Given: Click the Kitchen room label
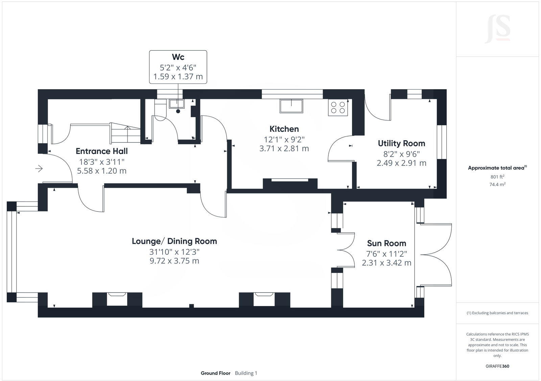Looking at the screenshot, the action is point(284,129).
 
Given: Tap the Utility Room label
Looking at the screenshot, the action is point(401,144).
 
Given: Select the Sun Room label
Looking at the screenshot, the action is point(386,244).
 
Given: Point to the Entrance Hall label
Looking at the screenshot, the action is point(101,151).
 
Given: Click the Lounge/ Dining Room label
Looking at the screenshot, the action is point(174,241).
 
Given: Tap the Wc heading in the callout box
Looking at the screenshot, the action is point(178,57).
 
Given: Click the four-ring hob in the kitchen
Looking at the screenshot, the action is point(338,107).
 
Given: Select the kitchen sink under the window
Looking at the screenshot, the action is point(291,106).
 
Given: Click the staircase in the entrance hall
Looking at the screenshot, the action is point(125,133).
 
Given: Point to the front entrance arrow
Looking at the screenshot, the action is point(39,168).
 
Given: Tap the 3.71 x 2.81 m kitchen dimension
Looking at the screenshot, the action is point(284,149).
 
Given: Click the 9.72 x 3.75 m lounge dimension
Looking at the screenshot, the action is point(174,261).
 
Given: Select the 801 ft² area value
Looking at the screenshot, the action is point(497,177).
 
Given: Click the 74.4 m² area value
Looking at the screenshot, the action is point(497,184).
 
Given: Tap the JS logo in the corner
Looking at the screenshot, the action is point(497,29).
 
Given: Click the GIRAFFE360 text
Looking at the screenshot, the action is point(497,366).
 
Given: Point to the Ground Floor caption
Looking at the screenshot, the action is point(215,373).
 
